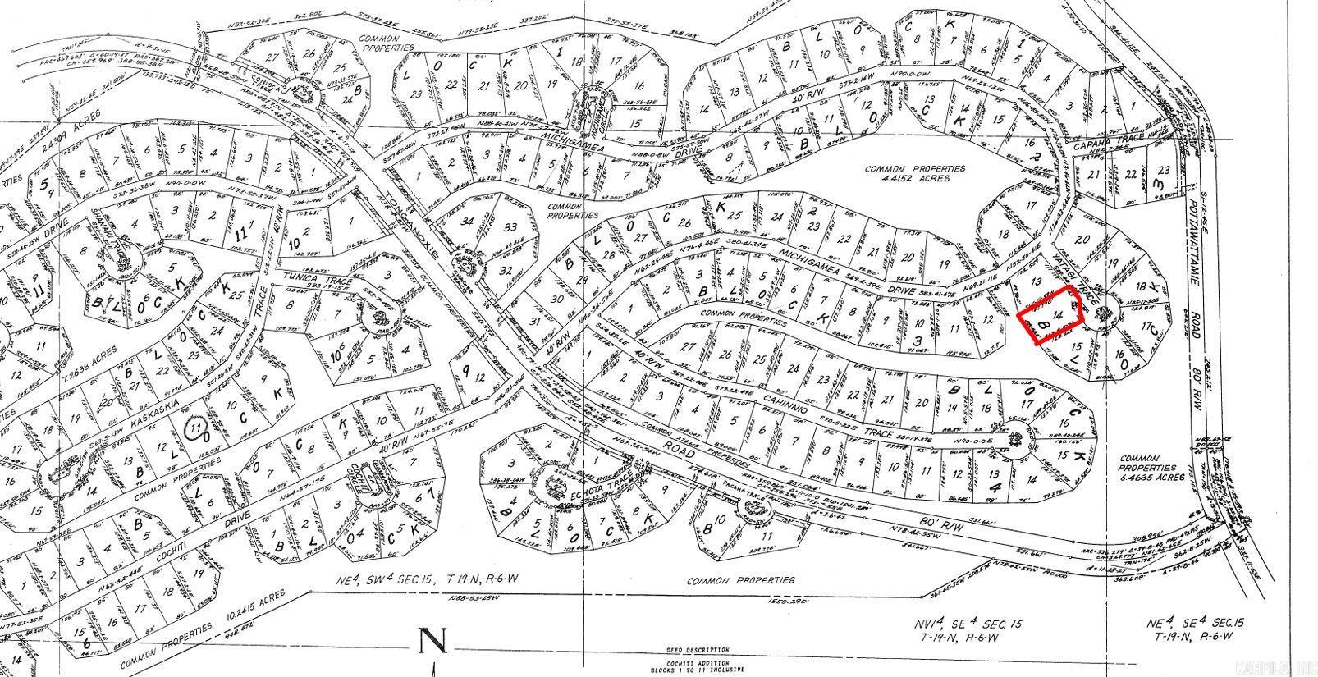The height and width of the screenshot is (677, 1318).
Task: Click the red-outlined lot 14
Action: coord(1051,316)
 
